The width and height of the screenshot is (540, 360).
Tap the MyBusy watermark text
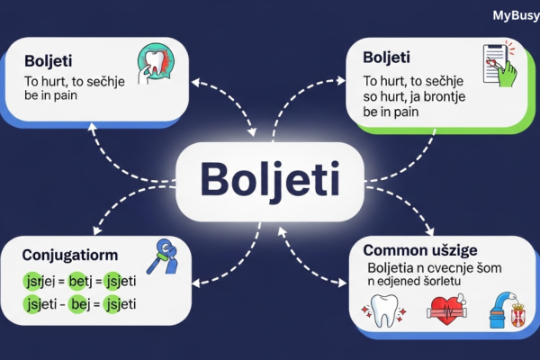pos(516,14)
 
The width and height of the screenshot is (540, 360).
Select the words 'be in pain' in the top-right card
pos(394,113)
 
